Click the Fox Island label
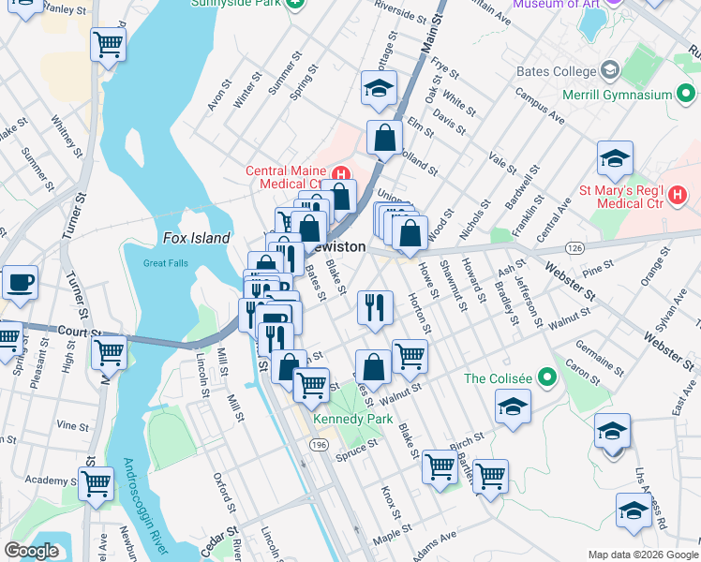[196, 238]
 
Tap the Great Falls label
[166, 263]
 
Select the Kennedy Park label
[352, 419]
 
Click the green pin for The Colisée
[550, 379]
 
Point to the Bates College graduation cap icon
[610, 71]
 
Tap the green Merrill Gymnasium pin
[686, 95]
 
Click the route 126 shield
[574, 247]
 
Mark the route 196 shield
[320, 445]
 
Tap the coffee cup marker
[19, 280]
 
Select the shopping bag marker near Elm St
[384, 138]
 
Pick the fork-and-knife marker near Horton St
[375, 306]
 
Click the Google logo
[31, 551]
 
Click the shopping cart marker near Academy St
[96, 483]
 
